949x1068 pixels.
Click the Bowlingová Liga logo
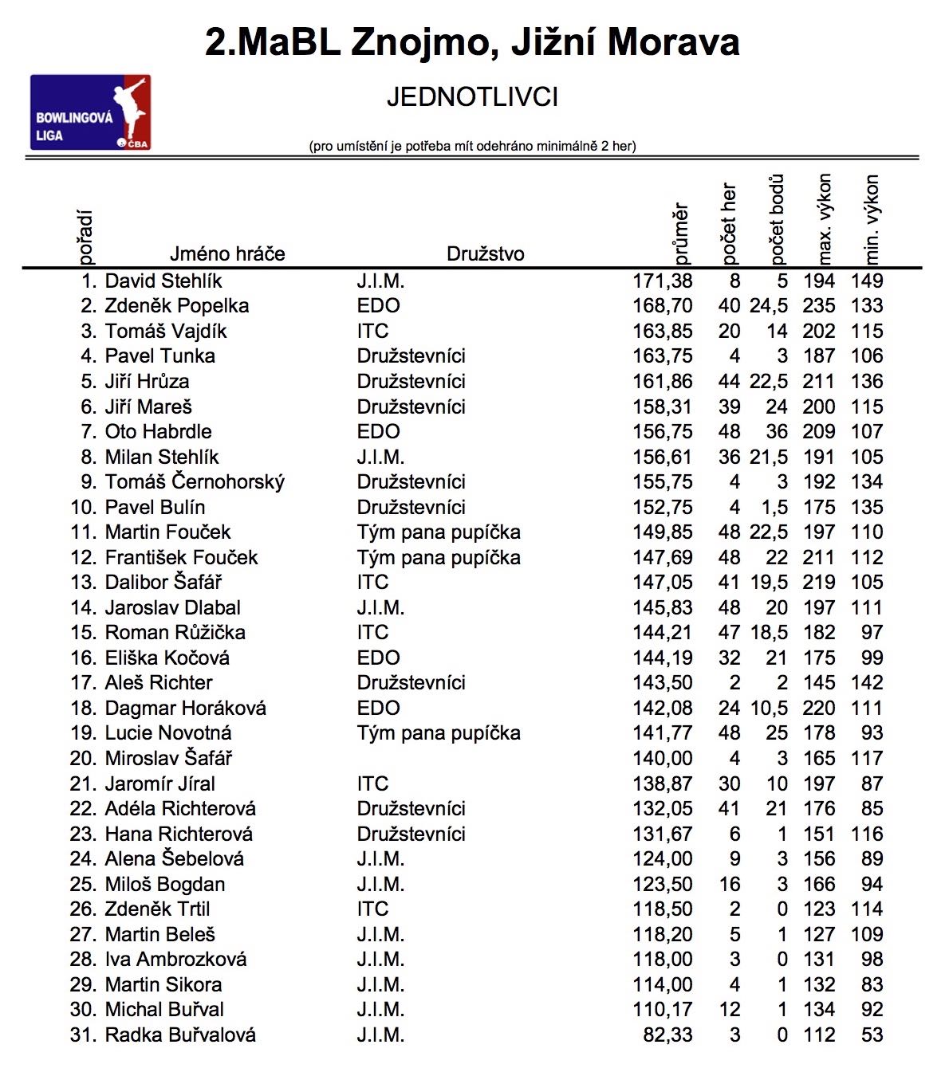click(90, 112)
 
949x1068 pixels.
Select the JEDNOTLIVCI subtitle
click(472, 97)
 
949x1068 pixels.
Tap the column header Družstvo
click(485, 254)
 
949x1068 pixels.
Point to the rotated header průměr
click(680, 234)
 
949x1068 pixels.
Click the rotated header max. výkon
click(825, 219)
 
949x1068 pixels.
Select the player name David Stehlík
click(163, 281)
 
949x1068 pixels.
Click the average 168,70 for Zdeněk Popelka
click(662, 306)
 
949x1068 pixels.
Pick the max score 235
click(818, 306)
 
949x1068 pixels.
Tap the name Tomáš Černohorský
click(195, 482)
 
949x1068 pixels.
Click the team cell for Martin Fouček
click(439, 532)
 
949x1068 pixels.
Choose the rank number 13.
click(83, 583)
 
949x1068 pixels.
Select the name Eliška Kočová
click(167, 658)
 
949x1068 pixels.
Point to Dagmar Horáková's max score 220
click(818, 709)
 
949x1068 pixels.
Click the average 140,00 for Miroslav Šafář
click(662, 759)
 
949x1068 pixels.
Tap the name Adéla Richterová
click(180, 809)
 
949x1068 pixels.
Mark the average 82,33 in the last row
click(667, 1035)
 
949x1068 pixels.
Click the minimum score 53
click(872, 1035)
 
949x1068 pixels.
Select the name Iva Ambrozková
click(175, 960)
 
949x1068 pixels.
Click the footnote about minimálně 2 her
click(472, 146)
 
